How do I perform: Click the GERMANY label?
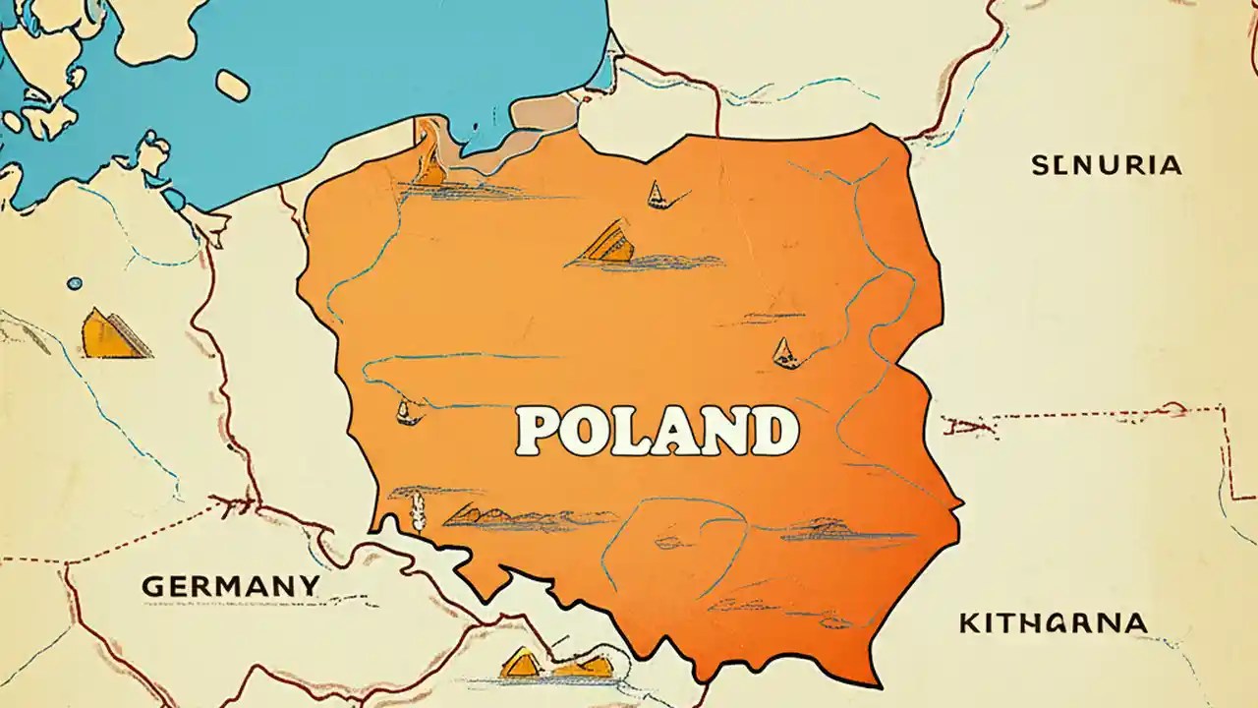tap(230, 586)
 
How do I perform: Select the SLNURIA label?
tap(1106, 165)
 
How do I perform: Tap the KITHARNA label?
tap(1052, 622)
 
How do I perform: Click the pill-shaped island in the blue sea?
tap(232, 85)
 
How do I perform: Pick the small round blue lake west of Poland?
tap(75, 284)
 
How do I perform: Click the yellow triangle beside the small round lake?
tap(110, 334)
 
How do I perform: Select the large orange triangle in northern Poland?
tap(605, 243)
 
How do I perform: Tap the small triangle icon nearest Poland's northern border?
tap(656, 194)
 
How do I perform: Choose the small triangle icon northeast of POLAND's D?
tap(783, 352)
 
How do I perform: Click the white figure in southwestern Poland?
tap(418, 508)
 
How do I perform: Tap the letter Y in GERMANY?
tap(309, 586)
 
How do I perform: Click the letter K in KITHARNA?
tap(968, 622)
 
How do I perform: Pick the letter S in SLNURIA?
tap(1040, 165)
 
